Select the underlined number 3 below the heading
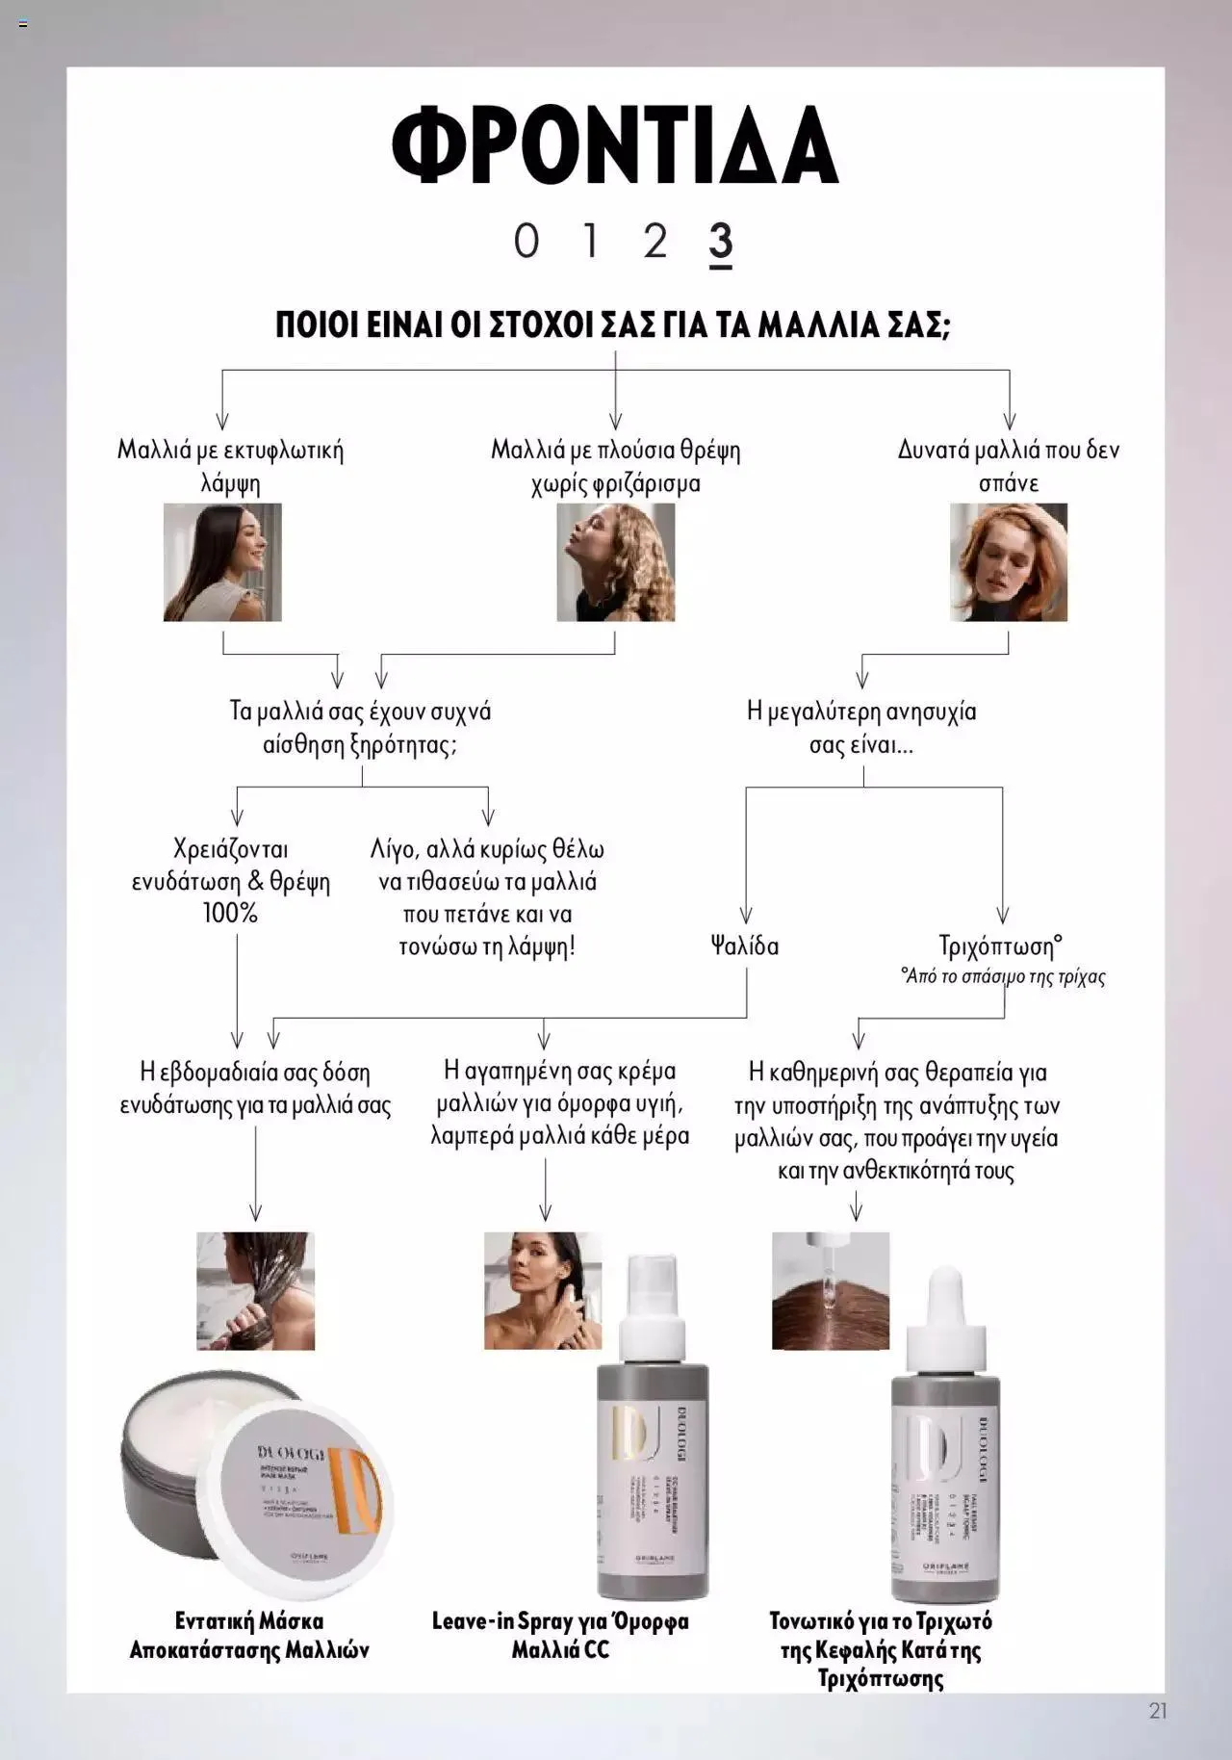click(721, 243)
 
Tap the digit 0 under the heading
click(526, 241)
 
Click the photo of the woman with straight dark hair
click(222, 561)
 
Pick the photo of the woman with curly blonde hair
click(615, 561)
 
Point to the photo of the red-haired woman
click(1008, 561)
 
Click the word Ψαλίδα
click(744, 945)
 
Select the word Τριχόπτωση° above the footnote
click(1001, 945)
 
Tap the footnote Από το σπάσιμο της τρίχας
click(1003, 977)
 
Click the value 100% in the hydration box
click(230, 913)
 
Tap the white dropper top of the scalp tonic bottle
click(947, 1319)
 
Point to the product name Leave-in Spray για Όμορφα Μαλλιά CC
click(560, 1635)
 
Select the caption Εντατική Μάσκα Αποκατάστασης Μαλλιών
click(249, 1635)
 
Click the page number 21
click(1158, 1711)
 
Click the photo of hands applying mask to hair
click(255, 1290)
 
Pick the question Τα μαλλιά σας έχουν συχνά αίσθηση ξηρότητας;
click(360, 728)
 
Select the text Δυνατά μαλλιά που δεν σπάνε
click(1009, 466)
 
